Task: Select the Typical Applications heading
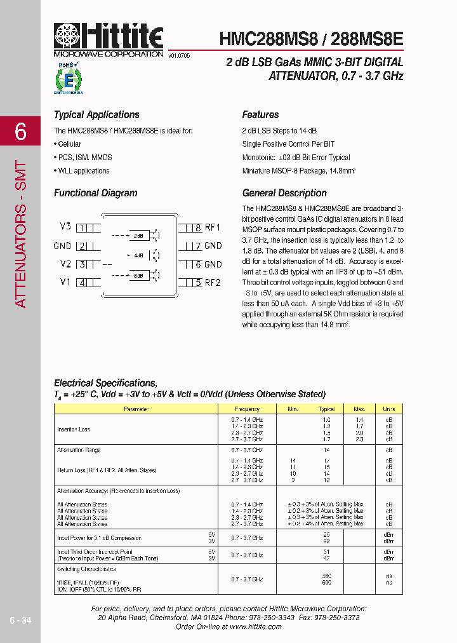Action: (x=96, y=115)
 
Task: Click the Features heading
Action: (x=260, y=115)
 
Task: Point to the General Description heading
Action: (x=284, y=193)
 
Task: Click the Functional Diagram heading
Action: (x=95, y=193)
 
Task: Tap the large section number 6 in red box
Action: (x=20, y=132)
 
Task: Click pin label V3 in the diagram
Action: (x=65, y=227)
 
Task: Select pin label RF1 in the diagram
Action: (x=213, y=227)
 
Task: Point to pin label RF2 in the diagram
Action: (x=213, y=283)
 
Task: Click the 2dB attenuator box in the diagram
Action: (x=138, y=236)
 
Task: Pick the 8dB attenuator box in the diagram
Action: (x=138, y=275)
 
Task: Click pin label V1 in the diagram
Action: (x=65, y=282)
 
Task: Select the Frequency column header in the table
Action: (x=247, y=409)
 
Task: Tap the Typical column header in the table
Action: (x=326, y=409)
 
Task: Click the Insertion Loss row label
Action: (x=74, y=430)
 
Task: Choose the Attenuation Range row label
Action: (x=79, y=450)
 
